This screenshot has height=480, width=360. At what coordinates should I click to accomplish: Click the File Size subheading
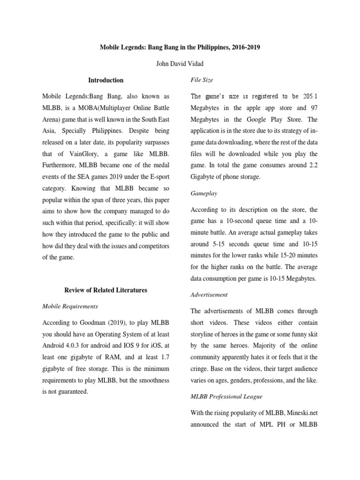click(x=201, y=80)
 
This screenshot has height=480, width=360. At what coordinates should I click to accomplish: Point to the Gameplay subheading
click(x=204, y=193)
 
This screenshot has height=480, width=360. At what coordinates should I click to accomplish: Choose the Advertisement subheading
click(x=209, y=295)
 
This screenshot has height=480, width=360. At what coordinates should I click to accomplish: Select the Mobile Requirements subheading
click(x=70, y=306)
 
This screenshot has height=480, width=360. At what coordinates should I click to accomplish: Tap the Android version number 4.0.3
click(x=75, y=346)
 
